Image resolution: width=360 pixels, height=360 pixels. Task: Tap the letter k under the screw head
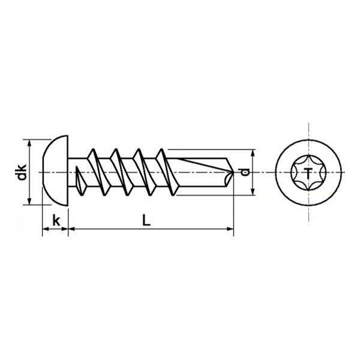tap(56, 220)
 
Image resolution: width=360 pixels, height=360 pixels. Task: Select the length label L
tap(146, 220)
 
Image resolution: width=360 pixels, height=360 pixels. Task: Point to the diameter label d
tap(244, 172)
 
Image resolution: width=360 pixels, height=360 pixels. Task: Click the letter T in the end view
tap(308, 173)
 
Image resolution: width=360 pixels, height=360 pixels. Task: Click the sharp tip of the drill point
tap(233, 173)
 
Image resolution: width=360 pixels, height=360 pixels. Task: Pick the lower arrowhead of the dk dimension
tap(29, 202)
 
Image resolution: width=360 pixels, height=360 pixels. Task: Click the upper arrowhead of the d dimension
tap(253, 154)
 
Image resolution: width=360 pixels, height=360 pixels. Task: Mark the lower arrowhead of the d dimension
tap(253, 192)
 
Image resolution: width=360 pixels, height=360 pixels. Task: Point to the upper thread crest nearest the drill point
tap(161, 149)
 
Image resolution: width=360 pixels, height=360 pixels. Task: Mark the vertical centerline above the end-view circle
tap(308, 132)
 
